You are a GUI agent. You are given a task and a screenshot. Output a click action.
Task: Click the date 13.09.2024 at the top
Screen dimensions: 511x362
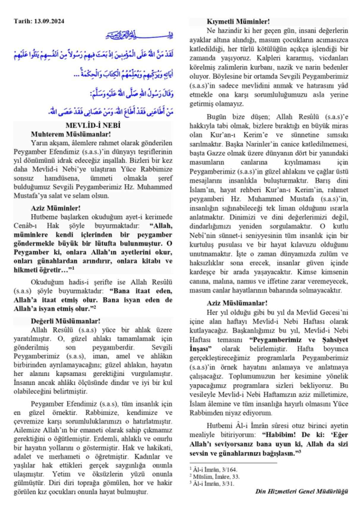[x=49, y=21]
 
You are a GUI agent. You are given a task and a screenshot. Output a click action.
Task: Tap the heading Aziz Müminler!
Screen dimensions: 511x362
[x=56, y=208]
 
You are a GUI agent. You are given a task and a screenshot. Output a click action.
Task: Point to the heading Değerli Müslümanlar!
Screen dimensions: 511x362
[x=65, y=321]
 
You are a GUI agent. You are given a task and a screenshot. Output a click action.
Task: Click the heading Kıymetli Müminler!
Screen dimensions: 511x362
[x=238, y=22]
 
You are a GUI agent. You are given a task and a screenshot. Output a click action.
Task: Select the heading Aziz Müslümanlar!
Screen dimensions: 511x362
[x=237, y=303]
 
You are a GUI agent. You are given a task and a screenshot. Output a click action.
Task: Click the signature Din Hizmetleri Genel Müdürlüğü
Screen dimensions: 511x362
[x=301, y=491]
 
